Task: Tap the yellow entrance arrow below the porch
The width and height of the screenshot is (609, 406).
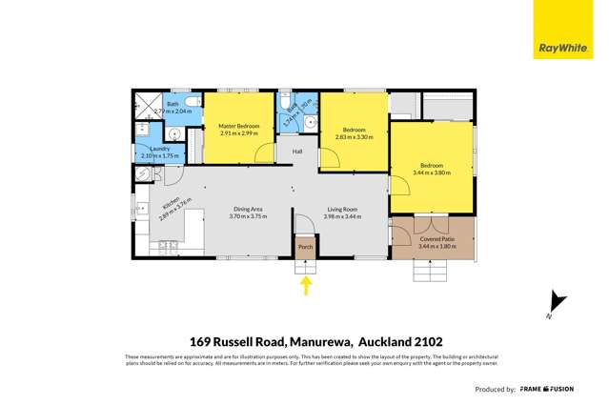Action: click(306, 284)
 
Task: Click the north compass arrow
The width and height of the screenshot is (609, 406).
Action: click(557, 304)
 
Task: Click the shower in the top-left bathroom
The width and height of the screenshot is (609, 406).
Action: click(146, 107)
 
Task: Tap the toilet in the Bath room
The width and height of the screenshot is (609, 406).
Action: click(192, 102)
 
